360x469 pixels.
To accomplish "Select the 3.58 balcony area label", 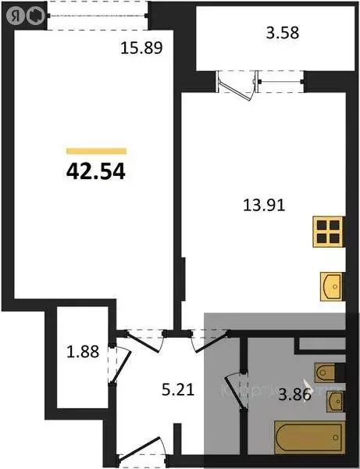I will click(283, 34).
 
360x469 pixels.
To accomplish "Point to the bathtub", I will click(309, 435).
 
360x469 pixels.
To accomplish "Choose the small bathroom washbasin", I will click(334, 402).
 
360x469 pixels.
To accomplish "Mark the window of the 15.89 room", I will click(96, 13).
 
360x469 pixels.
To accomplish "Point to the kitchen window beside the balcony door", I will click(279, 76).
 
